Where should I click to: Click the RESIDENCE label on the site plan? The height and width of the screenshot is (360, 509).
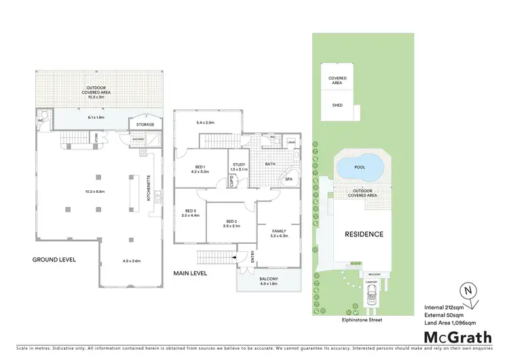365,234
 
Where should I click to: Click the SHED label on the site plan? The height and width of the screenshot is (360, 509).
337,105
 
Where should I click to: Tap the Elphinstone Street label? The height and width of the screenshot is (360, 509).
358,319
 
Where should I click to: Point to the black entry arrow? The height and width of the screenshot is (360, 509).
233,257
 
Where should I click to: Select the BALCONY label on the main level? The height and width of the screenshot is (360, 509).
267,278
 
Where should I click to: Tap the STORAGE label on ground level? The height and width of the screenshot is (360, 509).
145,124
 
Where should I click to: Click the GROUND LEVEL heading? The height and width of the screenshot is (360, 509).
54,259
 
